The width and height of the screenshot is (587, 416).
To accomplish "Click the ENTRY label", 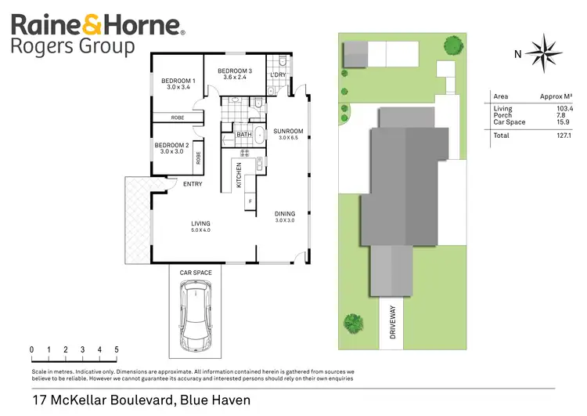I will click(193, 184).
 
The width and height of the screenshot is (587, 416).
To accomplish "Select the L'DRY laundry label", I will click(278, 75).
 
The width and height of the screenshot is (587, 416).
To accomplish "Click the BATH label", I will click(243, 136).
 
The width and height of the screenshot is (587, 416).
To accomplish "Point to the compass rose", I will click(540, 52).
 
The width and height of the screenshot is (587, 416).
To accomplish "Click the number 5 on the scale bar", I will click(117, 349).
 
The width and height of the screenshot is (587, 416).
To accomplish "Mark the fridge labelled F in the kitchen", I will click(250, 201).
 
